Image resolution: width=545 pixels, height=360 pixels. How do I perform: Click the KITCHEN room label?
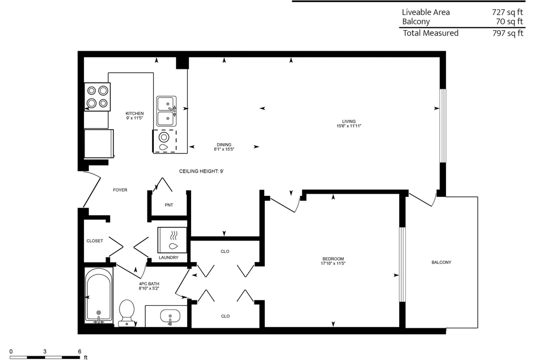[135, 114]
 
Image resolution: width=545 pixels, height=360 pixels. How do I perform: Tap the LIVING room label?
[349, 122]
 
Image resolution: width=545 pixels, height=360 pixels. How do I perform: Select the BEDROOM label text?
[333, 259]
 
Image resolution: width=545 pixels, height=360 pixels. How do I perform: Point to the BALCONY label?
[441, 263]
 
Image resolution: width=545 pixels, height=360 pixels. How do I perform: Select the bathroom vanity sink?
[170, 317]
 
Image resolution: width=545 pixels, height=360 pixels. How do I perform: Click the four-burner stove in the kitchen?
[97, 97]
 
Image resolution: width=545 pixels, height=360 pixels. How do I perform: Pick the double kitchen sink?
[166, 111]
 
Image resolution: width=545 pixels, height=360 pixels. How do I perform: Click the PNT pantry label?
[169, 205]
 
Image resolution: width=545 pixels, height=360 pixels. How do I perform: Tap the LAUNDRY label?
[168, 258]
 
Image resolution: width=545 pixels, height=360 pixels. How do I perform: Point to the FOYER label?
[121, 190]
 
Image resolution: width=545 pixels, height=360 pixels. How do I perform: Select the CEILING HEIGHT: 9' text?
[201, 171]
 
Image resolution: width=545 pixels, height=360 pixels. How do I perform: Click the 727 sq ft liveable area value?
[507, 12]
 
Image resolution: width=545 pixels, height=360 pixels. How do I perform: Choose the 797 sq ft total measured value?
[508, 33]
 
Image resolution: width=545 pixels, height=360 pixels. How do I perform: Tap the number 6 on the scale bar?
[80, 352]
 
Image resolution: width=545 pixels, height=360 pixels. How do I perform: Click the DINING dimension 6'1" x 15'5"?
[224, 150]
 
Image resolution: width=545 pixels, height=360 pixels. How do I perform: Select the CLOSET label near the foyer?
[95, 241]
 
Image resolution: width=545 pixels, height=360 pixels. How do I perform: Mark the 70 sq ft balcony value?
[509, 22]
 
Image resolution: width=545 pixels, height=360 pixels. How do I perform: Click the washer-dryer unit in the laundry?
[172, 240]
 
